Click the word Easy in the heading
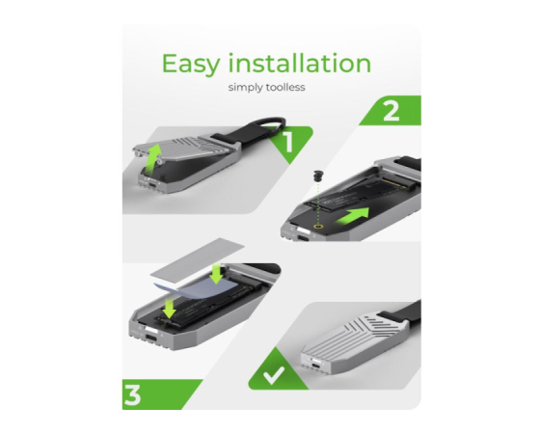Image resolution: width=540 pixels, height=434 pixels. coord(191,64)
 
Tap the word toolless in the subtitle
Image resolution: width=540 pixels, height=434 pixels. coord(284,87)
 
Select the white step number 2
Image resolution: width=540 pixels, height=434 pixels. coord(391,110)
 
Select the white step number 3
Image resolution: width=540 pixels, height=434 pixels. coord(132,395)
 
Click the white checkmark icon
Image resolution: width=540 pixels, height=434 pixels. coord(274,374)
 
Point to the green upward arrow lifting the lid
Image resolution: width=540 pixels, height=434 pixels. coord(153,159)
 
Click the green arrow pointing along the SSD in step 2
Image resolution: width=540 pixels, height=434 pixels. coord(352,217)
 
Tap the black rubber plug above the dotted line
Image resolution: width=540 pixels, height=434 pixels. coord(317,176)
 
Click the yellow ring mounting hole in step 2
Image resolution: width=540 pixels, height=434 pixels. coord(317,227)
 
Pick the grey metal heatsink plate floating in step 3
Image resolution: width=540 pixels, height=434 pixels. coord(198,258)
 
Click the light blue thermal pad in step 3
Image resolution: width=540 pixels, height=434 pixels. coord(198,287)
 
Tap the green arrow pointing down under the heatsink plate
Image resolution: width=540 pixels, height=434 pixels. coord(217,274)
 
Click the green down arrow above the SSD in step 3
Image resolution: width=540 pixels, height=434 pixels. coord(170,309)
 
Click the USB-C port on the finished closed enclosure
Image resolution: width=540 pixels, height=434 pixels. coord(315,366)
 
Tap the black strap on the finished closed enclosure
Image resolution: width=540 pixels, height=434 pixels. coord(402,313)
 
